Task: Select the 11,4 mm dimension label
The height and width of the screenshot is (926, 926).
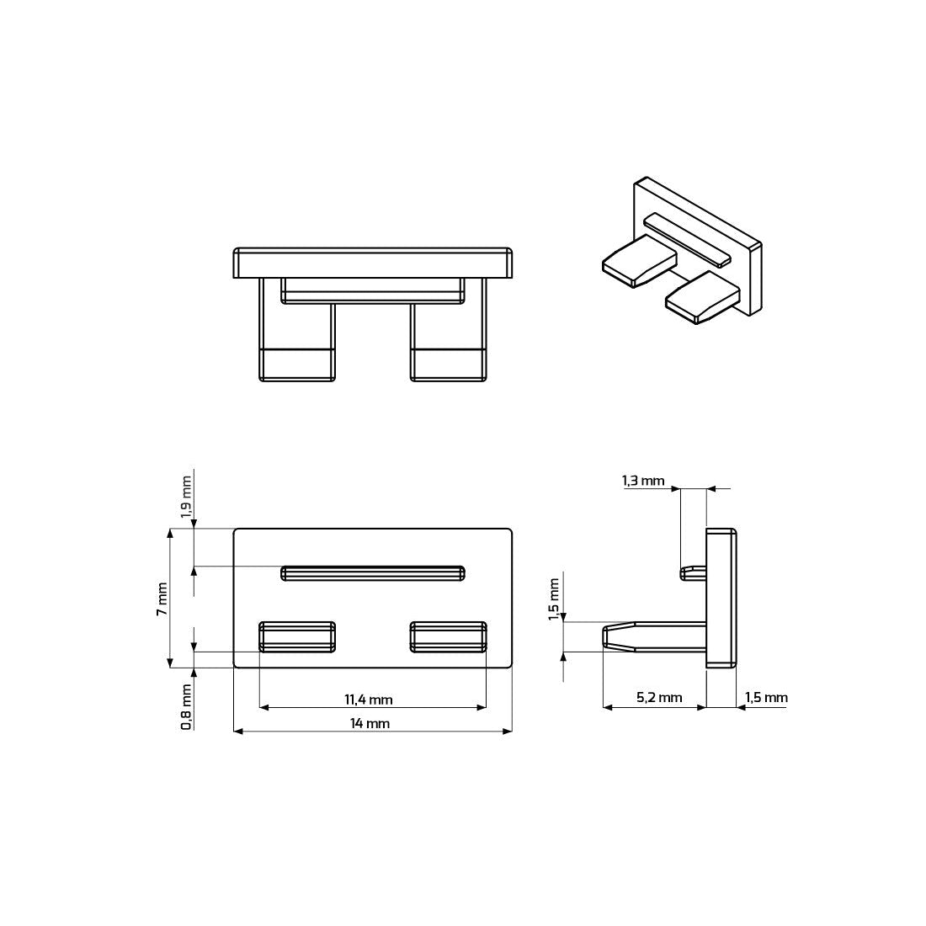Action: [368, 699]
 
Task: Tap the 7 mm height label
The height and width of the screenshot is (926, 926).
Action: [162, 599]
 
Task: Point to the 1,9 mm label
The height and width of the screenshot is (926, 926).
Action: [187, 498]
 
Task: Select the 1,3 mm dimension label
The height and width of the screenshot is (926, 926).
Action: [643, 481]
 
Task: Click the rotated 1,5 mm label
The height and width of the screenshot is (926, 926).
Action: [553, 599]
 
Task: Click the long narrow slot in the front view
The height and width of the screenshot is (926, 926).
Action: [373, 573]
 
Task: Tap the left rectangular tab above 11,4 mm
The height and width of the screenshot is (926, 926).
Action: [297, 636]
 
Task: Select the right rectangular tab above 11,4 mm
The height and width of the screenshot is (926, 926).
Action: [449, 636]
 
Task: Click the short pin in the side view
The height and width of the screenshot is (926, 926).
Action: [693, 572]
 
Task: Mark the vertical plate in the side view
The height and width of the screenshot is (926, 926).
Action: [721, 598]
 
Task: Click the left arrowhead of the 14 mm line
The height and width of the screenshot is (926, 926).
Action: [237, 732]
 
